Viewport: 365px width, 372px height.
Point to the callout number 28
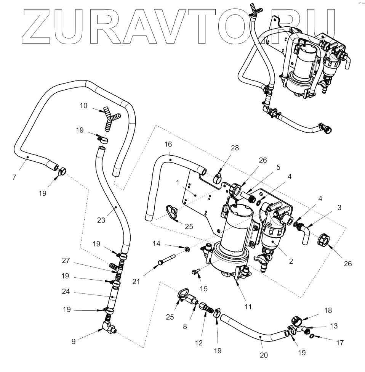(235, 148)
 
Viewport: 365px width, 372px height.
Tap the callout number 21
(136, 282)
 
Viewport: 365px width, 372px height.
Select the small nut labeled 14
(187, 249)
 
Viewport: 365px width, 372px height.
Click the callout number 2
(291, 261)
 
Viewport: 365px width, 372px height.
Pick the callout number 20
(264, 355)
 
